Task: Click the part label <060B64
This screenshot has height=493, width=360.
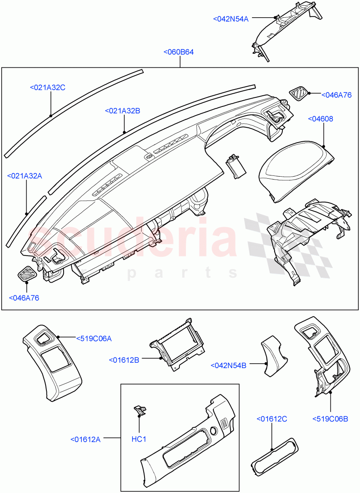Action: click(179, 52)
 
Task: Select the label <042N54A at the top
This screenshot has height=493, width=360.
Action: click(231, 18)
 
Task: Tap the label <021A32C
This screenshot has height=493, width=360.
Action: click(48, 87)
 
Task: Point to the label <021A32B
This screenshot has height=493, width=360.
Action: click(122, 111)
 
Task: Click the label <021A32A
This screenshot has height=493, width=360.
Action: click(25, 176)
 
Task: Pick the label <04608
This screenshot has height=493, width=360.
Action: click(320, 119)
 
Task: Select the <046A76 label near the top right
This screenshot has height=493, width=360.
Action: click(336, 94)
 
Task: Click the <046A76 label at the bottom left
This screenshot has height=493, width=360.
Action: click(24, 298)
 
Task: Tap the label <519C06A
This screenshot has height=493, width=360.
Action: click(94, 339)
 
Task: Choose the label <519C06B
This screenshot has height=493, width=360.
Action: click(330, 419)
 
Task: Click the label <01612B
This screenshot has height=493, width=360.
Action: click(124, 360)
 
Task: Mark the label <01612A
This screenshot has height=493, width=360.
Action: click(85, 439)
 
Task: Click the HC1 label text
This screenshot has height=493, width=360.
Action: click(139, 439)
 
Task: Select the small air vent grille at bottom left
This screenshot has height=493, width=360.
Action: click(28, 273)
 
